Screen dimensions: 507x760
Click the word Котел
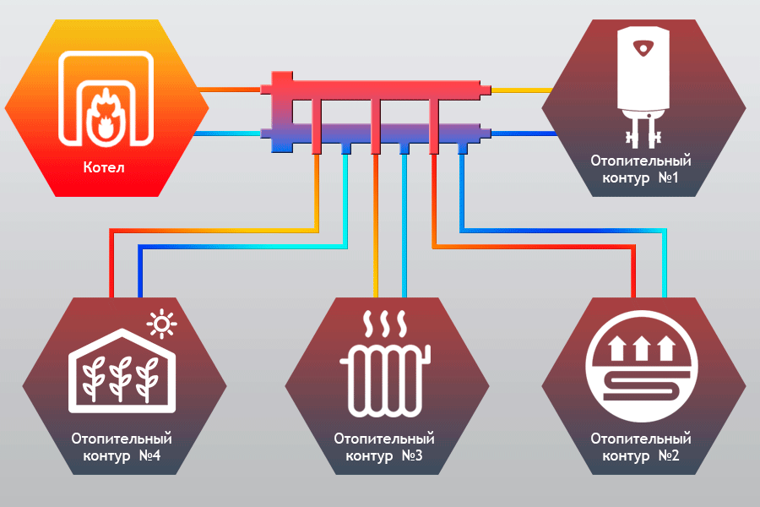coord(104,168)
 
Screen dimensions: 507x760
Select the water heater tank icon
coord(643,72)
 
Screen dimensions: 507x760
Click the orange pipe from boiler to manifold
coord(231,89)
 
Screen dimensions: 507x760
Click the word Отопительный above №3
coord(384,439)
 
